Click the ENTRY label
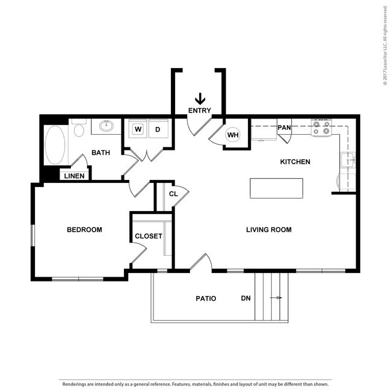pos(199,110)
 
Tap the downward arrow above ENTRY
pos(200,98)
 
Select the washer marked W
pos(138,129)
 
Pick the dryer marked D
pos(158,129)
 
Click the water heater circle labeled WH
pos(233,135)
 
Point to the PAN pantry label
pos(284,128)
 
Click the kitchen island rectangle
pos(277,188)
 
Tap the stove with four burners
pos(322,127)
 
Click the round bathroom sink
pos(106,126)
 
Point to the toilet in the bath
pos(79,129)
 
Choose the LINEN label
pos(75,176)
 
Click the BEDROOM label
pos(84,230)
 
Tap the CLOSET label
pos(148,236)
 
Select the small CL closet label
pos(173,194)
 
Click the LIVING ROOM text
pos(269,230)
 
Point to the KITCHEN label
pos(295,162)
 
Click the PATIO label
pos(206,298)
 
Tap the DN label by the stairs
pos(245,298)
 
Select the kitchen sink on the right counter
pos(348,160)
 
